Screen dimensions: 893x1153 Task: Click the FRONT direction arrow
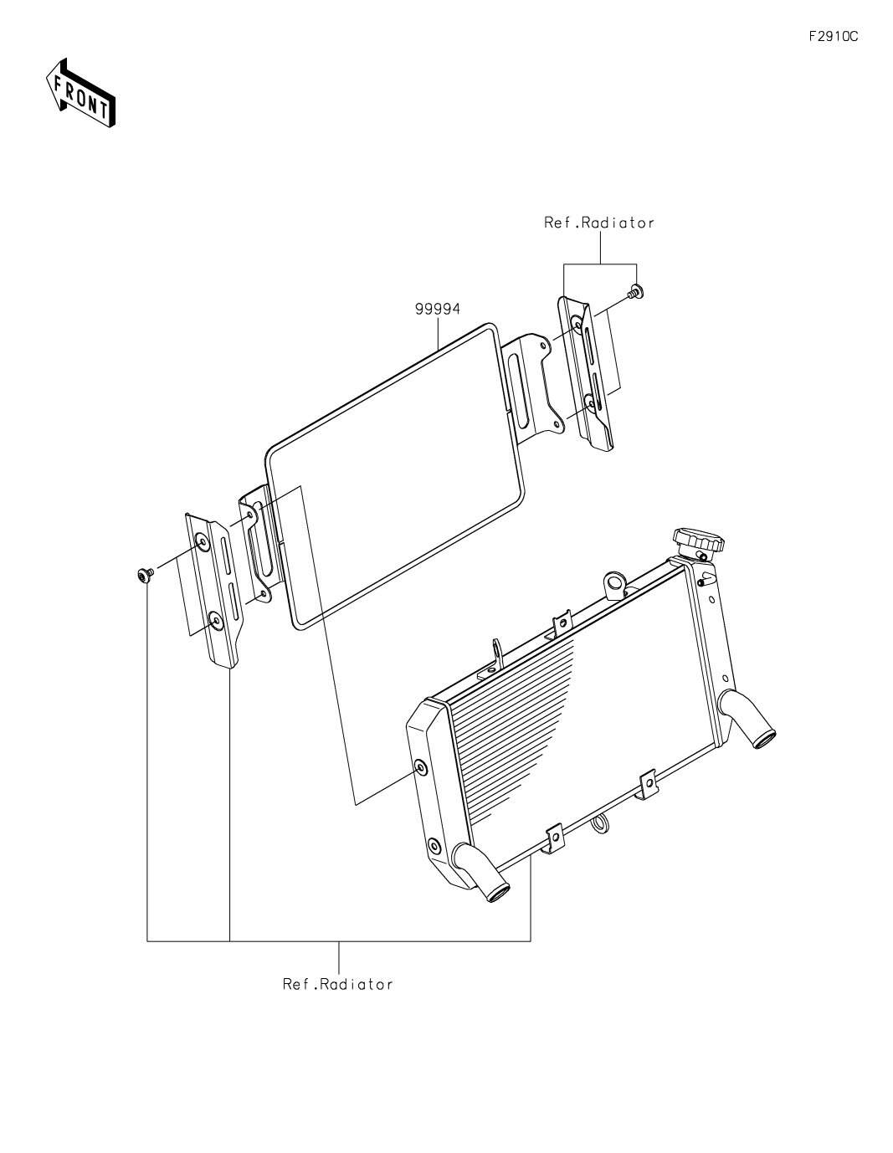tap(80, 93)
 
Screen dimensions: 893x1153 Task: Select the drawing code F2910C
tap(833, 37)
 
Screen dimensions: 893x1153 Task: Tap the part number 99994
tap(437, 309)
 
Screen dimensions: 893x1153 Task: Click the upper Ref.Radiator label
tap(599, 223)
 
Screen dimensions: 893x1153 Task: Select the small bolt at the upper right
tap(636, 291)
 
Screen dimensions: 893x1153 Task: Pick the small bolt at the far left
tap(145, 575)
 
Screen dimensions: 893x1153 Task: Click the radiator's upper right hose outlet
tap(747, 719)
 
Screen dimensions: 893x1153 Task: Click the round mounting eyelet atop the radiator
tap(614, 583)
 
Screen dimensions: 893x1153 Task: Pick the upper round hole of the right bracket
tap(576, 322)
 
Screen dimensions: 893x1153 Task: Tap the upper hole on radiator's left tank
tap(419, 766)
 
